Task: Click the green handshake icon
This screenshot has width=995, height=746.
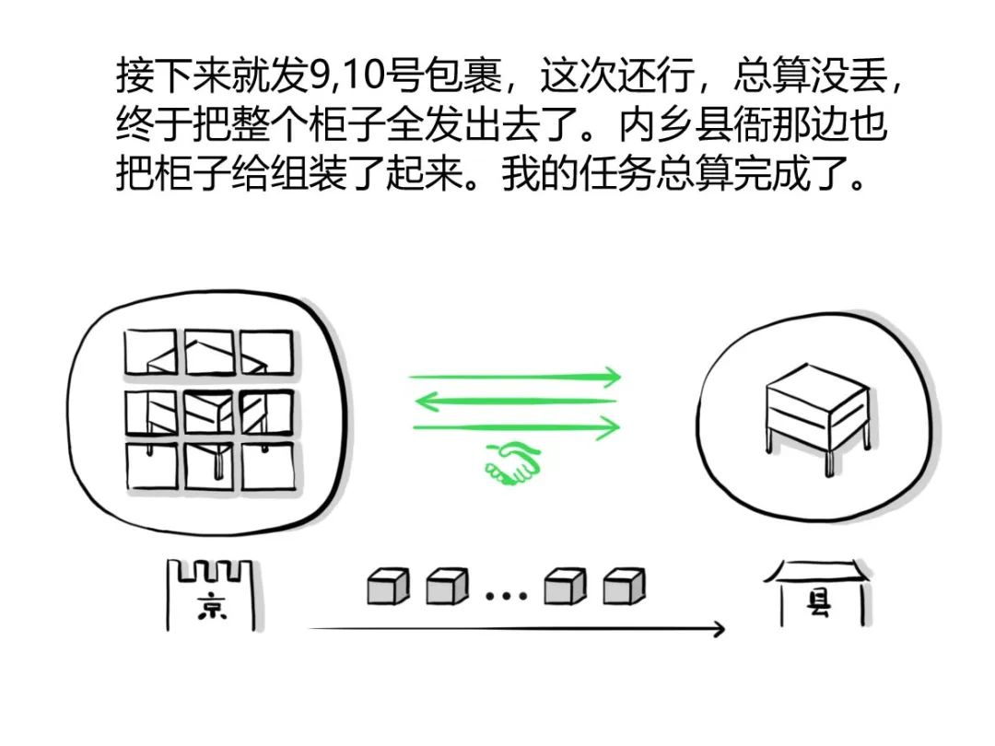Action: (x=512, y=463)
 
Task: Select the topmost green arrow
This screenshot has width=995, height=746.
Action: (x=515, y=377)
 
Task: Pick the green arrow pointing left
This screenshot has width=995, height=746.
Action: (x=515, y=401)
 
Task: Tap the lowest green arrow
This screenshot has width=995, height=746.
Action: (x=515, y=426)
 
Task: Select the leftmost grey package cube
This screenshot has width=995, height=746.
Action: (x=387, y=586)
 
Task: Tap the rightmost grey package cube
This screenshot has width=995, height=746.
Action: (x=624, y=586)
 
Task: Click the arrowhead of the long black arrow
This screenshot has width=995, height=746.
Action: (x=717, y=629)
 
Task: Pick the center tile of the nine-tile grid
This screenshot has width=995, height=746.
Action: (x=209, y=411)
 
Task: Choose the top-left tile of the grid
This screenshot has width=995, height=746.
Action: (x=150, y=352)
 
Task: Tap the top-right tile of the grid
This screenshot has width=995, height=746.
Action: (x=267, y=352)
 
